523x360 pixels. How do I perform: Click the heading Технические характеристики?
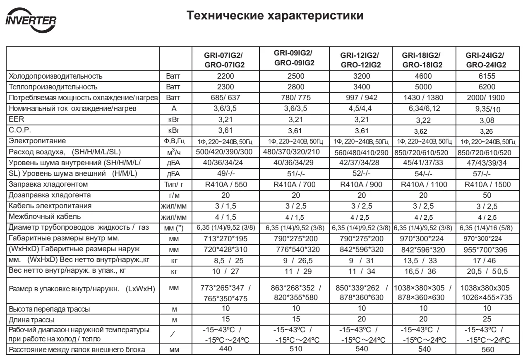point(275,17)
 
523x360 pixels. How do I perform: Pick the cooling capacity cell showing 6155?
point(486,77)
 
